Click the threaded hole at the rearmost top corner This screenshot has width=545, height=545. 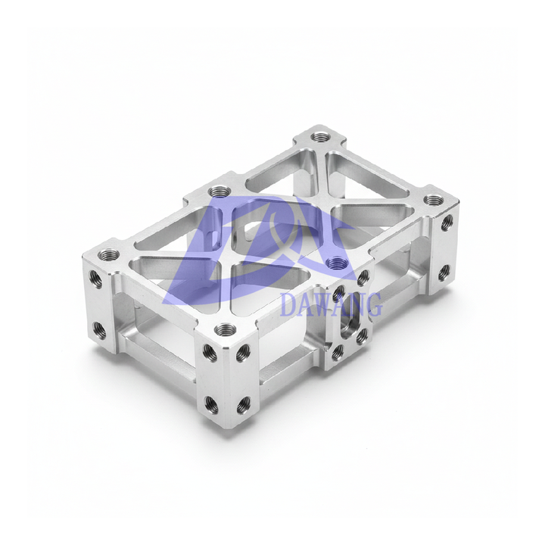[320, 136]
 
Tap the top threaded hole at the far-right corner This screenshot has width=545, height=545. [434, 200]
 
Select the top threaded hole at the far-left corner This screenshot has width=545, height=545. [108, 254]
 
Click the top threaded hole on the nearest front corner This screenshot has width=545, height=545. [226, 329]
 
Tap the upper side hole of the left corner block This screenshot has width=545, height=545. [95, 279]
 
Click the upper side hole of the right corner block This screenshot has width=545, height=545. [447, 223]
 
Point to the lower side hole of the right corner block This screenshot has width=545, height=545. [444, 272]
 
